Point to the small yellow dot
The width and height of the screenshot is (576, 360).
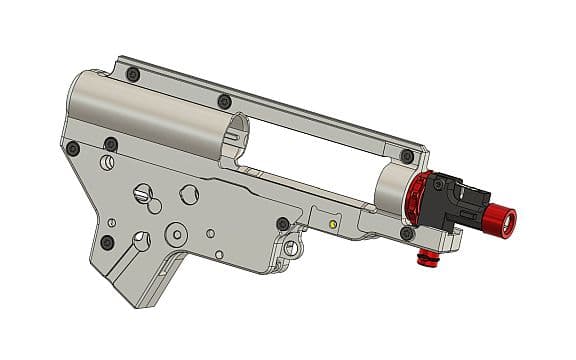coord(332,225)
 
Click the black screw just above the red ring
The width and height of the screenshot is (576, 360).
coord(406,155)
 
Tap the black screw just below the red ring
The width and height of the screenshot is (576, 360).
coord(406,233)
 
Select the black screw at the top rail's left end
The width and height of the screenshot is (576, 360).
coord(134,75)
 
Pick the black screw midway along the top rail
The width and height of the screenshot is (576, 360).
coord(224,101)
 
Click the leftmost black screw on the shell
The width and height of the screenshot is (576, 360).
coord(73,148)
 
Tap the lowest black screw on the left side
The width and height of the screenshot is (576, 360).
coord(107,242)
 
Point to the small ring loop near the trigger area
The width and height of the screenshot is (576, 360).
coord(291,244)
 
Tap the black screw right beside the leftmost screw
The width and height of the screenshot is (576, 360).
coord(110,145)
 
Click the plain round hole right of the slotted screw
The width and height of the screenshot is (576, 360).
coord(188,192)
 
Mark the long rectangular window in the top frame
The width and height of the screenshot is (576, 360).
coord(320,150)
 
